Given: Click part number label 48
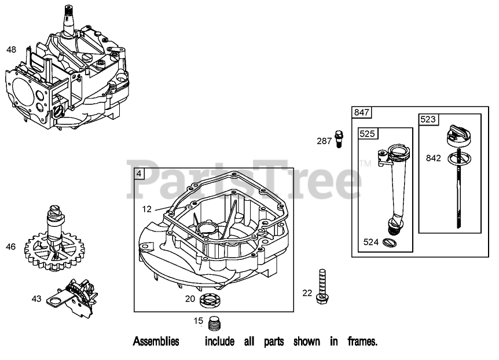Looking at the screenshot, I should [x=11, y=50].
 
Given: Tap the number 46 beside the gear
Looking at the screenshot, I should [x=11, y=247].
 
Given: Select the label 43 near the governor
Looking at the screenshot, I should [x=36, y=299].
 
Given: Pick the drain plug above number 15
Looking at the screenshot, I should [x=215, y=322].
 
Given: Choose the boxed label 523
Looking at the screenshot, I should [x=429, y=120].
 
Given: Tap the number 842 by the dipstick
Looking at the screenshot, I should [x=433, y=157].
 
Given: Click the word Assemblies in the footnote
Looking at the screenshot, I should [x=156, y=341].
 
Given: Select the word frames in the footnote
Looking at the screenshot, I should [x=362, y=341].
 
